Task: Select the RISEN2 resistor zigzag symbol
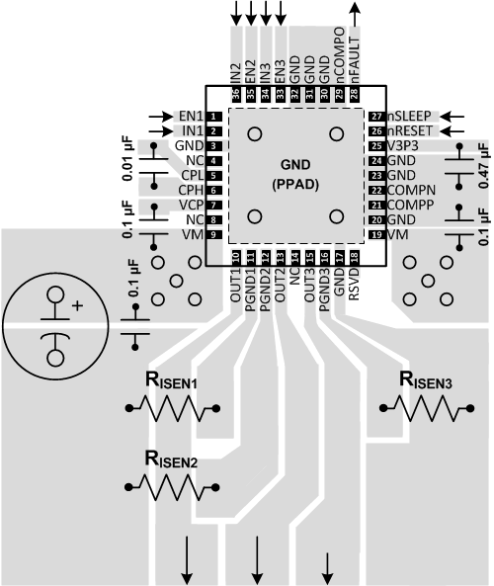click(171, 485)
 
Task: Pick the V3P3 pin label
click(403, 145)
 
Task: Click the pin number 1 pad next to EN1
click(213, 116)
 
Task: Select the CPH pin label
click(192, 190)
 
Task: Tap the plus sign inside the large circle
click(77, 306)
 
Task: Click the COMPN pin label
click(411, 190)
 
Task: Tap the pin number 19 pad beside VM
click(375, 234)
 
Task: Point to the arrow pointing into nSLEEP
click(454, 116)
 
